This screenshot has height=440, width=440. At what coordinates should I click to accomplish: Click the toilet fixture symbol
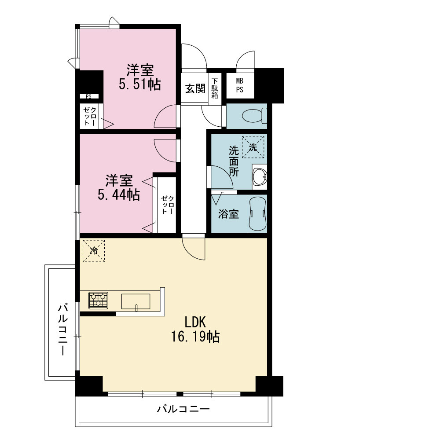(254, 116)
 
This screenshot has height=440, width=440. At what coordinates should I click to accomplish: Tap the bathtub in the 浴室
(257, 213)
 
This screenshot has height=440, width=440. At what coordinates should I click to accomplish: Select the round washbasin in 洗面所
(259, 177)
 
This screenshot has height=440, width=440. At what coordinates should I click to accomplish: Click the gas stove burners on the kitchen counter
(98, 300)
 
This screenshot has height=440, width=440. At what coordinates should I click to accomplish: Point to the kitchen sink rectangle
(136, 301)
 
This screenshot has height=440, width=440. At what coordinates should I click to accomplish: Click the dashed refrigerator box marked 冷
(94, 251)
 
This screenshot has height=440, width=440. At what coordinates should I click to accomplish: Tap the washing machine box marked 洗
(253, 147)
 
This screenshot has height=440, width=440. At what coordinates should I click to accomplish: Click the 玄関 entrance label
(195, 89)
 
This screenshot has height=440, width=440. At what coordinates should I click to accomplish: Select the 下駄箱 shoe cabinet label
(215, 88)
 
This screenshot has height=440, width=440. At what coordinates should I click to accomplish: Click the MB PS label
(239, 85)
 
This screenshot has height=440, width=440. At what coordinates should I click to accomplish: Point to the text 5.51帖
(140, 84)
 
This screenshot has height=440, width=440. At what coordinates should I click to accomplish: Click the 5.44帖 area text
(119, 194)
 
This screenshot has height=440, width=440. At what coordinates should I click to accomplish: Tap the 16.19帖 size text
(195, 336)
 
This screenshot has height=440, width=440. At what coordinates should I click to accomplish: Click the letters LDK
(195, 322)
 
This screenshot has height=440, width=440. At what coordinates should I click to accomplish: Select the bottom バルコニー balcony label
(183, 409)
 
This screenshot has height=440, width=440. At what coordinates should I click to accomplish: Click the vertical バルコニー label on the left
(63, 329)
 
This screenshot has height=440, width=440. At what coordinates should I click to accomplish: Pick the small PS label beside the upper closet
(89, 96)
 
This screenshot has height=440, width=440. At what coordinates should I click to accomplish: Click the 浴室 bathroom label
(228, 214)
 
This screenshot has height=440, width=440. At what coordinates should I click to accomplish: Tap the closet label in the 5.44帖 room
(167, 205)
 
